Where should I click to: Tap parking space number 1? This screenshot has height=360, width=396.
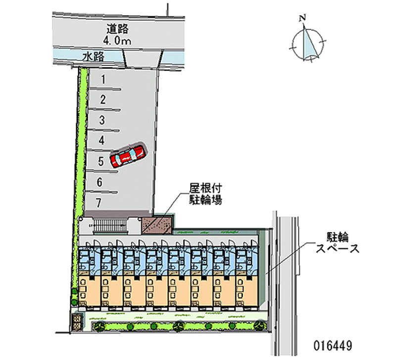click(103, 79)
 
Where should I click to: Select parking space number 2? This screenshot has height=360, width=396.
click(102, 100)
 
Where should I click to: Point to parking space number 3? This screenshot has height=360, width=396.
click(102, 120)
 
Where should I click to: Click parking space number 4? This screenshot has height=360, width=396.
click(101, 141)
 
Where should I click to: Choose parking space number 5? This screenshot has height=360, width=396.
click(101, 161)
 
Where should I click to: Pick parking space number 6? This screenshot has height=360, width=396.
click(100, 182)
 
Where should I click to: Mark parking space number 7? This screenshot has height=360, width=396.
click(99, 203)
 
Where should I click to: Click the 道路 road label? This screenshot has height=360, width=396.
click(117, 29)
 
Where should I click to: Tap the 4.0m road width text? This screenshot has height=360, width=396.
click(117, 41)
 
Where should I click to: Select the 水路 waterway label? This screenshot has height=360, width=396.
click(94, 56)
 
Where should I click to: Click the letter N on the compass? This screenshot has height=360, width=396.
click(302, 18)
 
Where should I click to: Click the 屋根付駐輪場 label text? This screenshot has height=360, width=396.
click(205, 194)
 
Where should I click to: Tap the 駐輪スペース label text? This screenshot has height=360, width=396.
click(338, 243)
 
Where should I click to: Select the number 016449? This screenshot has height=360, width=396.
click(333, 345)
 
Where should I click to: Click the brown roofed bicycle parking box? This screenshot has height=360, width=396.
click(157, 225)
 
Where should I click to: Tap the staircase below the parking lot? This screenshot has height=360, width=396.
click(110, 225)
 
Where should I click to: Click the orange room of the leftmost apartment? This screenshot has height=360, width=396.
click(90, 291)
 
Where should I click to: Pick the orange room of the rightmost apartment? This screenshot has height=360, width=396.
click(247, 291)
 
